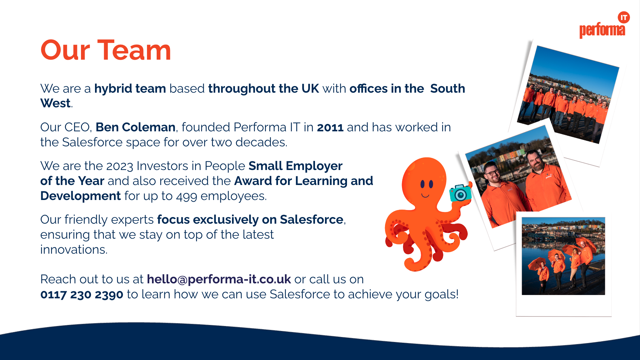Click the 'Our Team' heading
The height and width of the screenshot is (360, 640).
pyautogui.click(x=106, y=50)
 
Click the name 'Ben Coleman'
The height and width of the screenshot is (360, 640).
pyautogui.click(x=136, y=127)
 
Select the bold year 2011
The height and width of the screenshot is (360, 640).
pyautogui.click(x=330, y=127)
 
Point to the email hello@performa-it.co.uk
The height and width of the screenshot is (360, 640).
pyautogui.click(x=219, y=279)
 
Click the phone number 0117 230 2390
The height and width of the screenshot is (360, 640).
pyautogui.click(x=82, y=295)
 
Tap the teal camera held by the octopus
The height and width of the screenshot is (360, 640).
pyautogui.click(x=460, y=193)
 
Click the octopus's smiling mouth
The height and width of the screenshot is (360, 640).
pyautogui.click(x=425, y=195)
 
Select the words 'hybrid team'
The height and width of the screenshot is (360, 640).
pyautogui.click(x=130, y=89)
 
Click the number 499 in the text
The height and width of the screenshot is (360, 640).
pyautogui.click(x=187, y=196)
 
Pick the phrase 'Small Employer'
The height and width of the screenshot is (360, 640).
pyautogui.click(x=296, y=166)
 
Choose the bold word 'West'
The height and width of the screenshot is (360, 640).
pyautogui.click(x=55, y=103)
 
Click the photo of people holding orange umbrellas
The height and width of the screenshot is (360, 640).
pyautogui.click(x=563, y=256)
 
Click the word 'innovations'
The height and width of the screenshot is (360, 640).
pyautogui.click(x=73, y=250)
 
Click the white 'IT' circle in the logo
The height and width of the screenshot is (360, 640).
pyautogui.click(x=624, y=18)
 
